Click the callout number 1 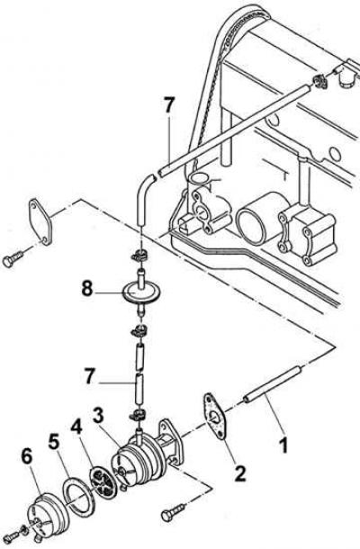(283, 445)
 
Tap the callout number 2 (239, 473)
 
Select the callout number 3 (98, 416)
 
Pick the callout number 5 (54, 443)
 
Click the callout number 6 (27, 457)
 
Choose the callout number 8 (87, 289)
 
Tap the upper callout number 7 (168, 105)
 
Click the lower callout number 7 (89, 376)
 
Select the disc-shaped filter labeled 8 (141, 292)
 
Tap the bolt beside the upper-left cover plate (13, 258)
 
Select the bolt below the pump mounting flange (174, 512)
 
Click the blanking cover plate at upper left (40, 221)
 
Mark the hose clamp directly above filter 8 (140, 256)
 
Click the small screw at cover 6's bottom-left (13, 534)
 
